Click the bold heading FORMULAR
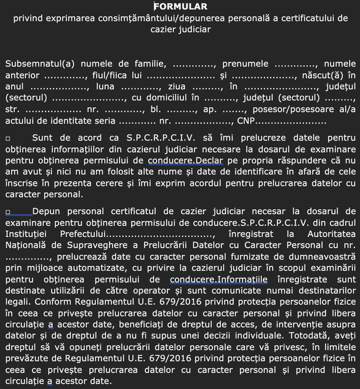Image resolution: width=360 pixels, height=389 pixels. [x=180, y=6]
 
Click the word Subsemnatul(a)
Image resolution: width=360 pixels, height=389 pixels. [x=37, y=63]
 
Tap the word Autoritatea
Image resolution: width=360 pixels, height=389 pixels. [x=329, y=234]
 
